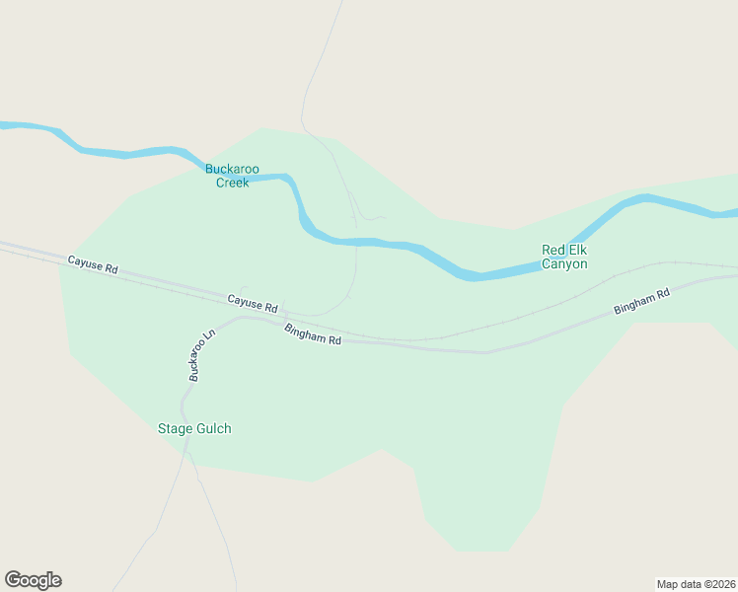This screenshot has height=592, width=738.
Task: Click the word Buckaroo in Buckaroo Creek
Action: point(232,169)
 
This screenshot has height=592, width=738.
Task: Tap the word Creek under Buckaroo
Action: point(232,183)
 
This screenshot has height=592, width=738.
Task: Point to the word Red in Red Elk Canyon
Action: point(553,250)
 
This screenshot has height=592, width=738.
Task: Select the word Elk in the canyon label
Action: point(577,250)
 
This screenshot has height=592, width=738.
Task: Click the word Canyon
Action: point(564,263)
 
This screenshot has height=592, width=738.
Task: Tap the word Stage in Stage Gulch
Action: point(176,428)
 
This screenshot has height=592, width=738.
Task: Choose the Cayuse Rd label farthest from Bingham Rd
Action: point(93,264)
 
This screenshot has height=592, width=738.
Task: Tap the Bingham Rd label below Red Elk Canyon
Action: point(641,301)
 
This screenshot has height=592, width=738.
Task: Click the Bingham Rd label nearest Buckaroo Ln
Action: point(313,333)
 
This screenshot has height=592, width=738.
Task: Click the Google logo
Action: point(33,580)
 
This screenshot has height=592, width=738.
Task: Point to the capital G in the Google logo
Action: point(13,579)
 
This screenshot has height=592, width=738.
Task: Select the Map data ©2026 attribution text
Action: point(696,583)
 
